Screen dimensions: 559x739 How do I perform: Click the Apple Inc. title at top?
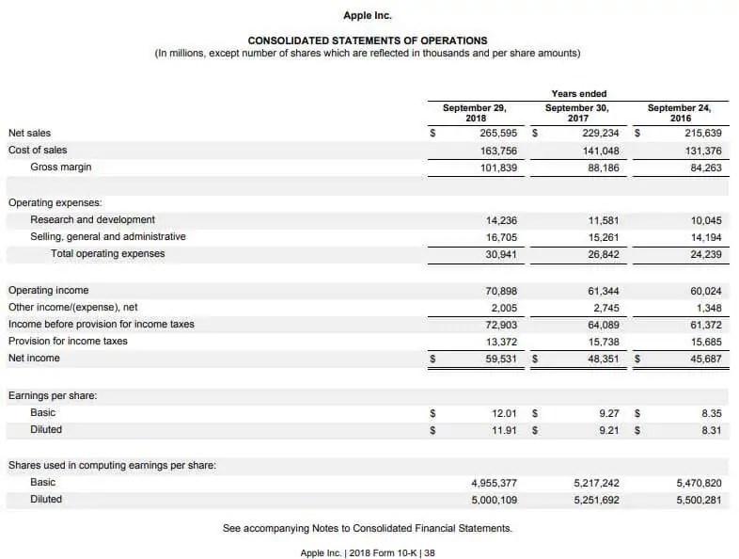[x=368, y=15]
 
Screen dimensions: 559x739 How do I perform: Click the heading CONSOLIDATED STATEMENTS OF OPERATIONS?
[x=368, y=40]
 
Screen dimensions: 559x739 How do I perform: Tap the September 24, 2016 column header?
[x=680, y=113]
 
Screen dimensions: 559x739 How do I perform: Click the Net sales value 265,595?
[x=498, y=134]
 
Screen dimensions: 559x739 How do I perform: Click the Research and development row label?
[x=92, y=219]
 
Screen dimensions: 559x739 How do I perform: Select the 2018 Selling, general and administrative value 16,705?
[x=499, y=237]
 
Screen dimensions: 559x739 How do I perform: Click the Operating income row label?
[x=48, y=291]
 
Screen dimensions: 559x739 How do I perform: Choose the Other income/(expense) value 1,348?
[x=706, y=308]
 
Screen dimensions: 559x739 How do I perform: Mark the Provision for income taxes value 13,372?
[x=499, y=342]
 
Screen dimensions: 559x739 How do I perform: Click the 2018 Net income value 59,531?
[x=499, y=359]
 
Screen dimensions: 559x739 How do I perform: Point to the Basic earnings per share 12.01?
[x=505, y=413]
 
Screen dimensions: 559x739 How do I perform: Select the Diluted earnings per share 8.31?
[x=711, y=430]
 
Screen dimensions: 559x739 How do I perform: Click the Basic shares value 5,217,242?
[x=596, y=483]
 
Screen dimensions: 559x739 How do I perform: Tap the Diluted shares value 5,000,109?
[x=494, y=500]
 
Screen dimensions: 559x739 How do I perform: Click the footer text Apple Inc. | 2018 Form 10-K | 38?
[x=368, y=552]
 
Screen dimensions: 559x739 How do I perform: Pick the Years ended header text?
[x=578, y=93]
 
